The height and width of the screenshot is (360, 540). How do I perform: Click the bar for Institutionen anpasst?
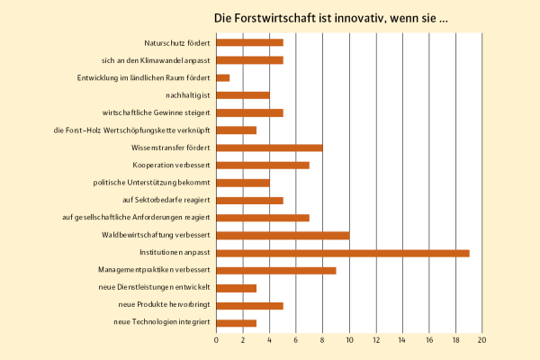343,253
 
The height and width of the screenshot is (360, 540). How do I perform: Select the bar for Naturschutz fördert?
250,42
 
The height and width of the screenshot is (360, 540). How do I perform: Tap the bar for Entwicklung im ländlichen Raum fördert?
223,77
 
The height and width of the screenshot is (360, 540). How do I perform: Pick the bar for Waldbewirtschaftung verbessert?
283,235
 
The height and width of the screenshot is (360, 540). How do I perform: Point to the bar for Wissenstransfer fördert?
269,148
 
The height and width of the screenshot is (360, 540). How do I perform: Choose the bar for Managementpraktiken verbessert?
276,270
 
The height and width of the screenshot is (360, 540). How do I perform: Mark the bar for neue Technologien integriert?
237,323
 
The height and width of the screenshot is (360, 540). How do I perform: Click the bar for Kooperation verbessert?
263,165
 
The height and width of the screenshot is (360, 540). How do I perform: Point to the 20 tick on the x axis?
482,340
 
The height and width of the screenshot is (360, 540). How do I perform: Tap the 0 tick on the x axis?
217,340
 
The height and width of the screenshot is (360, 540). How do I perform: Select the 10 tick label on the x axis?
349,340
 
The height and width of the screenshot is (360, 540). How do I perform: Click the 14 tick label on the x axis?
402,340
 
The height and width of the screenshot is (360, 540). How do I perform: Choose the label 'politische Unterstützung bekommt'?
152,183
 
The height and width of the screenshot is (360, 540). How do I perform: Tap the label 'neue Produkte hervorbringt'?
162,305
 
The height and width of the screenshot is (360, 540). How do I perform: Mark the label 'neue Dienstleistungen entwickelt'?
154,288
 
